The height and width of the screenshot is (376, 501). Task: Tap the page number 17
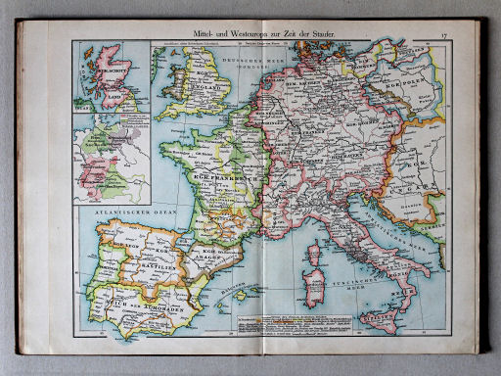click(x=442, y=35)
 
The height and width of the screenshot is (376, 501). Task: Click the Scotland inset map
click(x=110, y=74)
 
